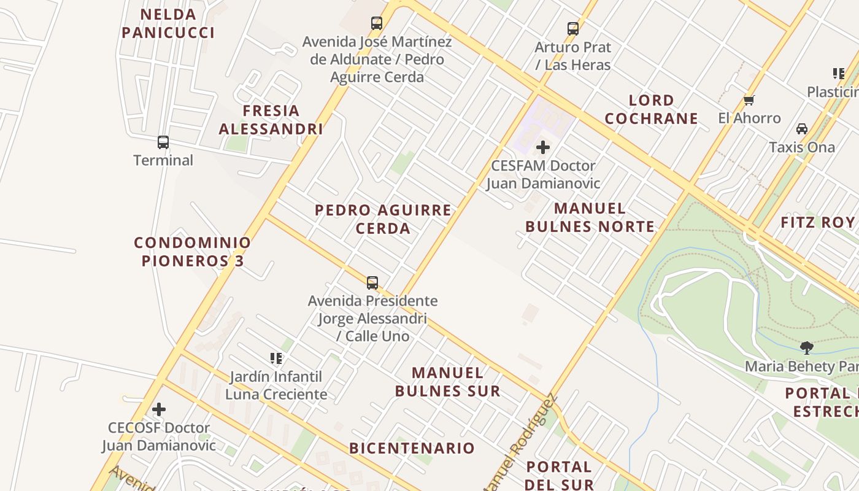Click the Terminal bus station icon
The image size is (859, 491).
(163, 142)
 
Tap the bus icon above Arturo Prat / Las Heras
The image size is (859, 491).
(572, 28)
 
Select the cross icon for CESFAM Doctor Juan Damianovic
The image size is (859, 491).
(542, 147)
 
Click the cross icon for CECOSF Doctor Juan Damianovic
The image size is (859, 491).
(159, 409)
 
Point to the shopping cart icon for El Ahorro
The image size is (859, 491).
(749, 100)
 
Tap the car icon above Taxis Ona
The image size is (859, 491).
(801, 129)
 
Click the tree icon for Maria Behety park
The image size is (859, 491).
(807, 348)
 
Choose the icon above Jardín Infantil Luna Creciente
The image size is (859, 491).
(276, 358)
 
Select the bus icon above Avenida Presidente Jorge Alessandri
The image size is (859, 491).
(372, 282)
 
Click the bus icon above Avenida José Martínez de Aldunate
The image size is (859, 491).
(377, 23)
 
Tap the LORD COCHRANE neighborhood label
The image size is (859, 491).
(651, 109)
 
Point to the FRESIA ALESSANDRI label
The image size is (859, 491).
(271, 120)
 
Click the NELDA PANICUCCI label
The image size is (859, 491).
(168, 23)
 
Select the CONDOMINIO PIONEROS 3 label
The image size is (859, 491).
(193, 252)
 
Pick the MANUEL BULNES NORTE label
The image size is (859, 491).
(590, 217)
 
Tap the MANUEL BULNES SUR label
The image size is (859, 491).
(447, 382)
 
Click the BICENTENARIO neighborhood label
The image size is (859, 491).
(412, 448)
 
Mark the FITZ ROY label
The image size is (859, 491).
(818, 222)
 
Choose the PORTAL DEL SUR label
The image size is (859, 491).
(559, 476)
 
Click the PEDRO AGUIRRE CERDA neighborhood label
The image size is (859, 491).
(383, 219)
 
